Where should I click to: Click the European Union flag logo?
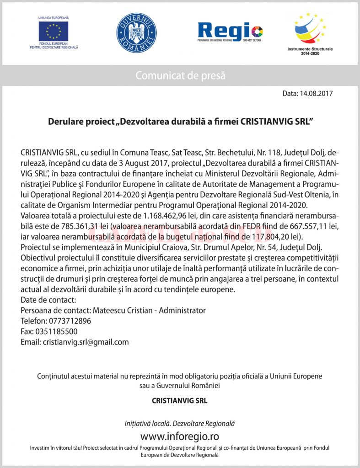click(x=54, y=31)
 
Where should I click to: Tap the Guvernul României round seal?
click(x=136, y=32)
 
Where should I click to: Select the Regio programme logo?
click(x=230, y=32)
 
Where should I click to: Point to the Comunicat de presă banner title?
click(x=180, y=75)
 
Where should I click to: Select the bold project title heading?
click(x=180, y=122)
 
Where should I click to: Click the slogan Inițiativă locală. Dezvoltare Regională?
click(x=180, y=424)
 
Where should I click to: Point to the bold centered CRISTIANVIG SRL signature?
click(x=180, y=401)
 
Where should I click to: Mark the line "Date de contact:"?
click(x=48, y=300)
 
